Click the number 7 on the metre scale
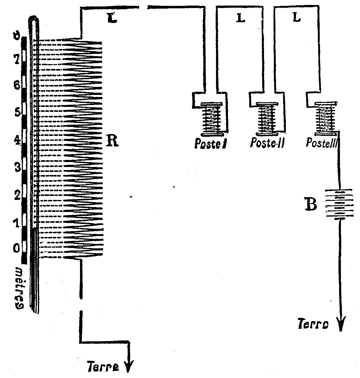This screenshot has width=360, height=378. click(x=16, y=58)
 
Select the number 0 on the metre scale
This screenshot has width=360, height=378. click(x=16, y=247)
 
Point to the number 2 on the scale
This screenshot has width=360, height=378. click(x=17, y=195)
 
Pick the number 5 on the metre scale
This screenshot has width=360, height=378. click(x=17, y=112)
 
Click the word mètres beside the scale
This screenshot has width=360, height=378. click(x=19, y=288)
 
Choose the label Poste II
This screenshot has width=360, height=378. click(x=266, y=143)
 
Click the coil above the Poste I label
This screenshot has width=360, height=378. click(x=212, y=119)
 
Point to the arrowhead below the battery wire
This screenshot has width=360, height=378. click(x=341, y=324)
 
